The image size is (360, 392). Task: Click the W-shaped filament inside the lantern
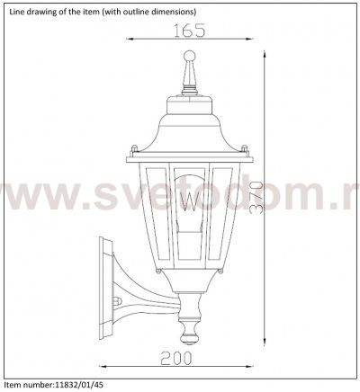pos(189,200)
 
